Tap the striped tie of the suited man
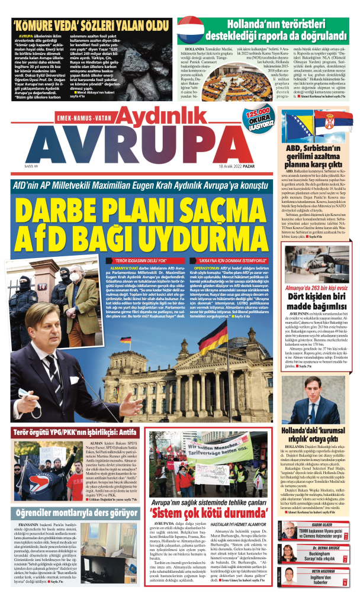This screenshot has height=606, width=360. pyautogui.click(x=67, y=378)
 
